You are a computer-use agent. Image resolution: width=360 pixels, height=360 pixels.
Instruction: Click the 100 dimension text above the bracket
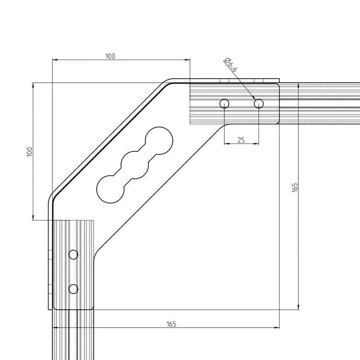tap(110, 56)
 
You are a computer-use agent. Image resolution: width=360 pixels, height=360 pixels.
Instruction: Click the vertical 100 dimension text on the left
tap(29, 152)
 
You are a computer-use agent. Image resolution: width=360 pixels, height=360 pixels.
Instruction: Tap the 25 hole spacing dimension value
tap(241, 140)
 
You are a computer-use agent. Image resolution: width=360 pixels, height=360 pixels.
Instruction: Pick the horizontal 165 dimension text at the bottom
tap(171, 324)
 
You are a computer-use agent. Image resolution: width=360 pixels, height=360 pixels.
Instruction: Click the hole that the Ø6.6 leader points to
tap(259, 104)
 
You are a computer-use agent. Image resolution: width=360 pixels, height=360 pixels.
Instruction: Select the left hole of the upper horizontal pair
tap(224, 104)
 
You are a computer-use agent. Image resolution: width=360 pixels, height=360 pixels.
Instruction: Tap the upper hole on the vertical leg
tap(73, 255)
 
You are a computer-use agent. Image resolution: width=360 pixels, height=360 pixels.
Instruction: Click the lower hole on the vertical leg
tap(73, 289)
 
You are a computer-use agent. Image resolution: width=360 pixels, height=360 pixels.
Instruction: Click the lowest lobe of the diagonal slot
tap(110, 189)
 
